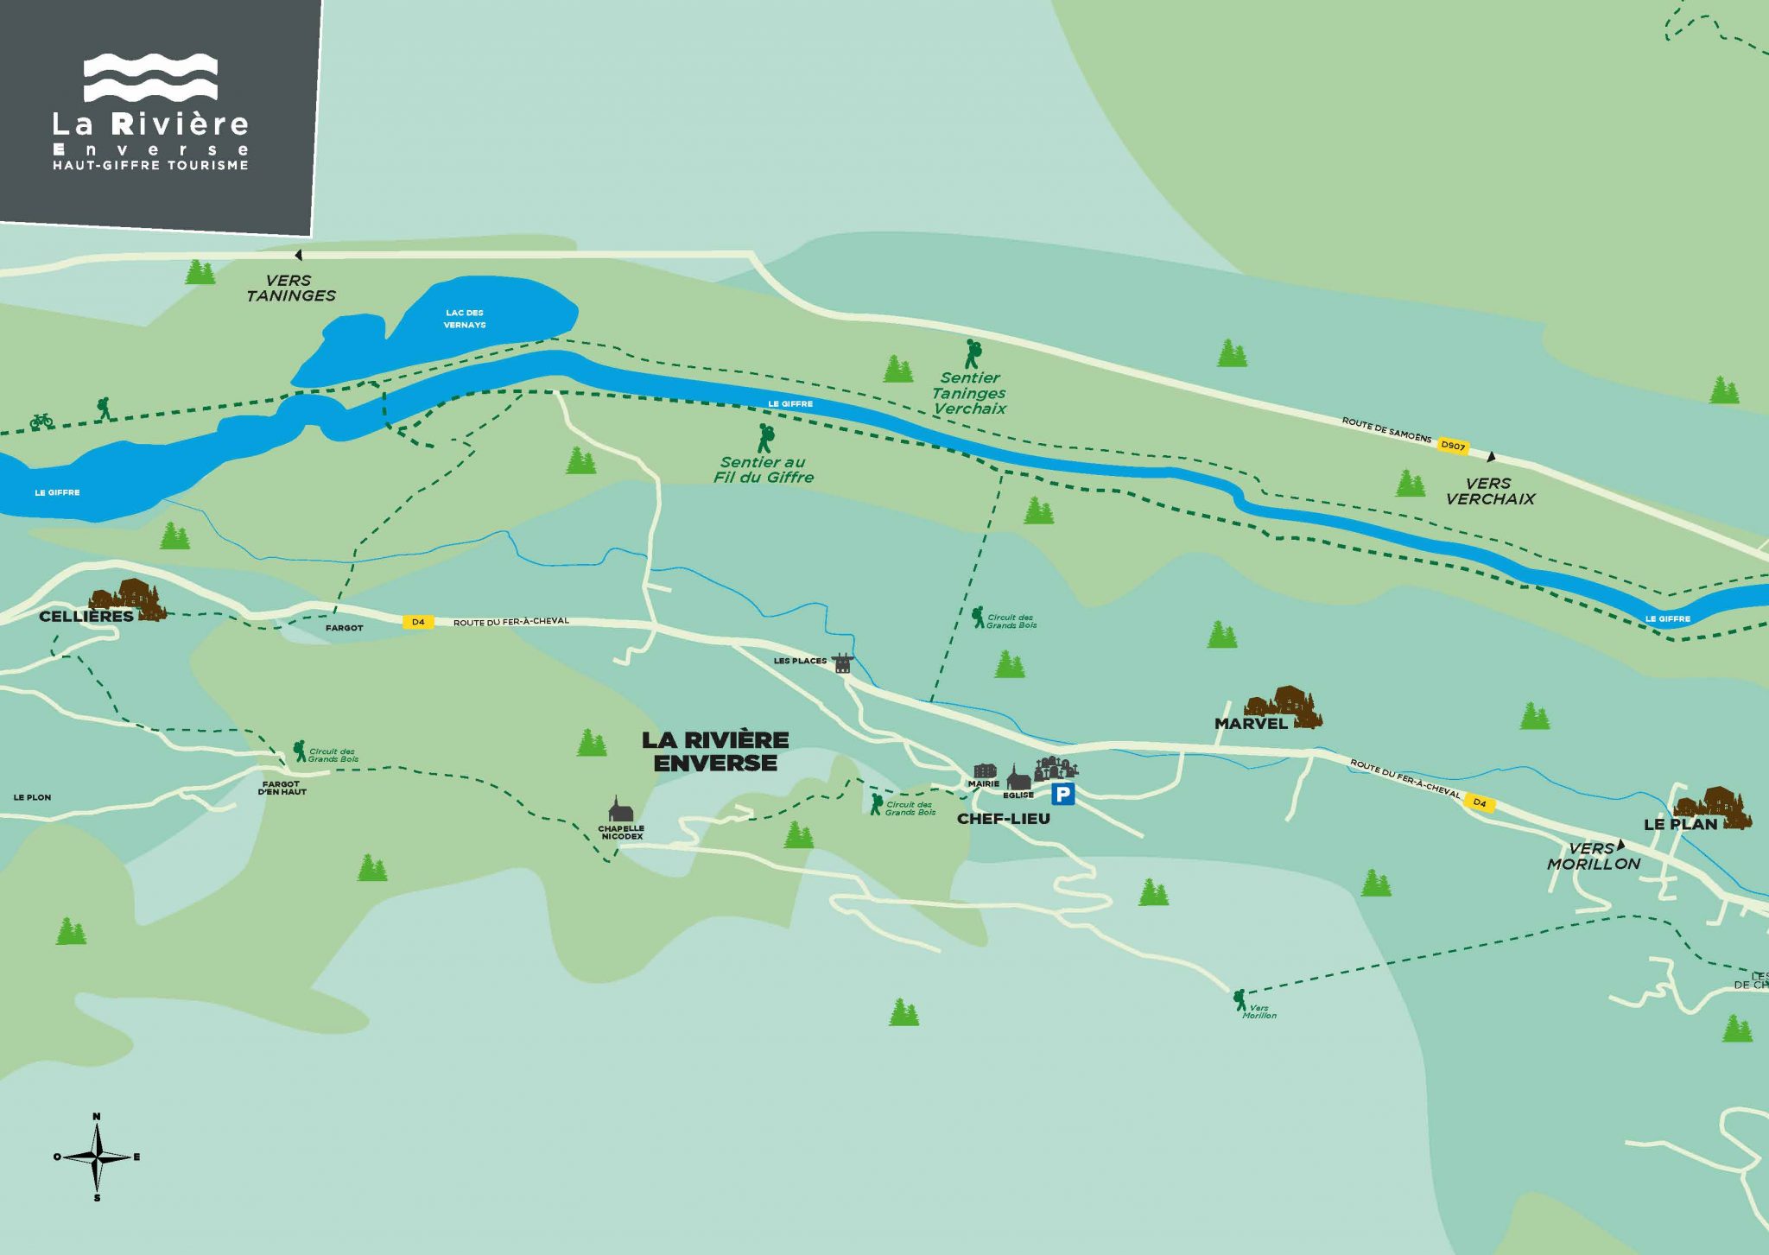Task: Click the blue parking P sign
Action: coord(1062,794)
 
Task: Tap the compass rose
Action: coord(97,1157)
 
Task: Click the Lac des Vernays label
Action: coord(465,319)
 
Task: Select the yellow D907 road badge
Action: coord(1453,446)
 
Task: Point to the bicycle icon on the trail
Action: coord(41,421)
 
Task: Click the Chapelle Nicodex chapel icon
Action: coord(620,809)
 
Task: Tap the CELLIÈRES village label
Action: coord(86,617)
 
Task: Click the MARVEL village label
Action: coord(1251,724)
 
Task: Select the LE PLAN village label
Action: coord(1680,824)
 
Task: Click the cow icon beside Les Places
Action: coord(842,662)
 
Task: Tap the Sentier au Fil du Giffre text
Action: coord(764,469)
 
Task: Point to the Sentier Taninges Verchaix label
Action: coord(969,393)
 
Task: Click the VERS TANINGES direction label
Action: coord(290,288)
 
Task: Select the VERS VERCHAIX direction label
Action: coord(1489,491)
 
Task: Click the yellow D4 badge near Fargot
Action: coord(418,622)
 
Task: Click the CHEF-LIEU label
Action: coord(1003,819)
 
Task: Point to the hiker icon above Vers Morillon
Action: coord(1240,999)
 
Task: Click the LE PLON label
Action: coord(32,797)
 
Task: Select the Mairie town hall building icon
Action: coord(985,770)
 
